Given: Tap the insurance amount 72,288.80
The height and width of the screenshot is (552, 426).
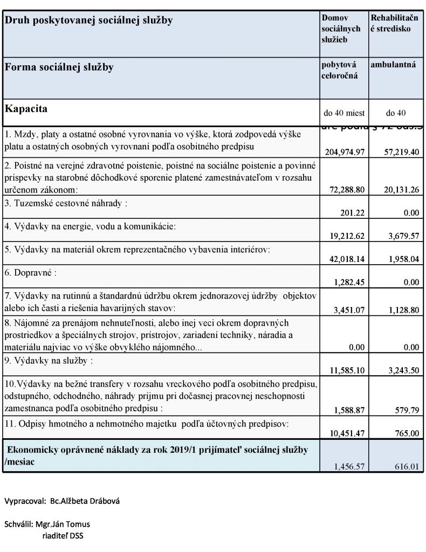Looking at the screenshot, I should click(345, 190).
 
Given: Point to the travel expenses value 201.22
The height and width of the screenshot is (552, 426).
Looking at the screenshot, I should click(353, 213).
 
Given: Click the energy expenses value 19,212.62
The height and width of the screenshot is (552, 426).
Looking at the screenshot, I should click(345, 236).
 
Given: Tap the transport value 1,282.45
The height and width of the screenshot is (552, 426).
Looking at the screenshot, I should click(349, 282).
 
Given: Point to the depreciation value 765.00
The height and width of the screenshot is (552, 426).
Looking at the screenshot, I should click(407, 433).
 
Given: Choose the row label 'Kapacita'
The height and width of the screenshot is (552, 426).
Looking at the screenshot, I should click(26, 109).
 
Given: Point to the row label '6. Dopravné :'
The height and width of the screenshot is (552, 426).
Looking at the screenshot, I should click(30, 273).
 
